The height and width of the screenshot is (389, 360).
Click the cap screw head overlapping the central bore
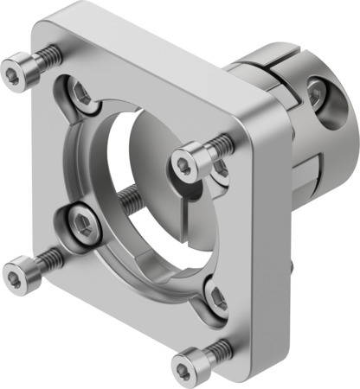point(186,162)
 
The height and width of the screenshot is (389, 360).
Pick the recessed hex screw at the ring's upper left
point(80,95)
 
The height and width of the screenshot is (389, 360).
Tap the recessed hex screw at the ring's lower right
point(216,297)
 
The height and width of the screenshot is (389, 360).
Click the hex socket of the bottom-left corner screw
point(16,275)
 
